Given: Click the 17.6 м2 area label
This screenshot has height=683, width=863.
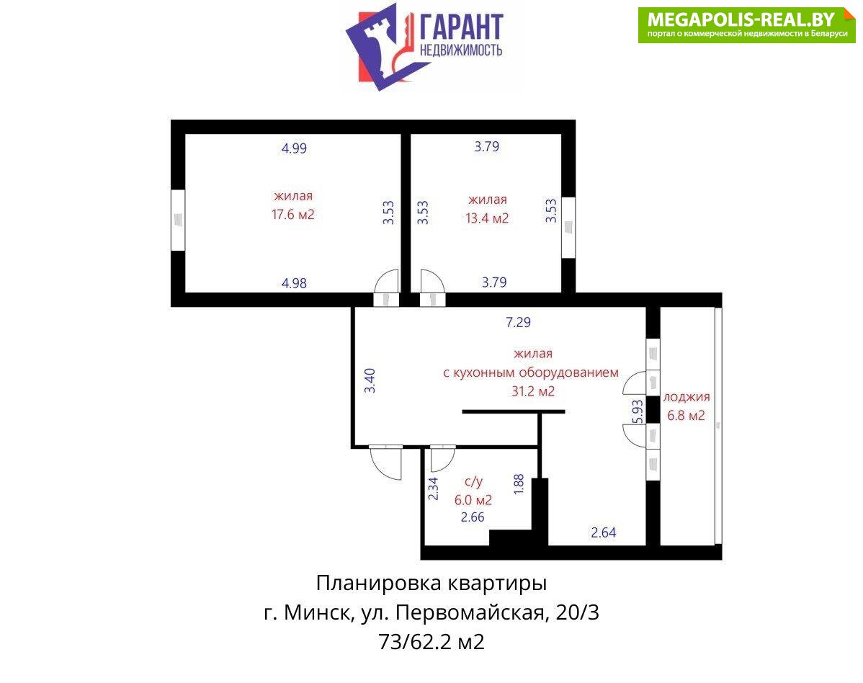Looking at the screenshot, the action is [x=292, y=215].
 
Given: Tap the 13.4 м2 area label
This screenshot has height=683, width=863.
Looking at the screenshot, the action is [x=487, y=218].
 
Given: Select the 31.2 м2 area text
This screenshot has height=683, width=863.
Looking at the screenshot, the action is [x=533, y=391].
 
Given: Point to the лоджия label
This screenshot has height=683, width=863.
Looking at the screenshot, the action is [x=687, y=397].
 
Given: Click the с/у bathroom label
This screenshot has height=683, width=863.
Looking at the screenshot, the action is [x=473, y=482].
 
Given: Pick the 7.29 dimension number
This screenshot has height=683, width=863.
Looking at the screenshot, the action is [x=518, y=322].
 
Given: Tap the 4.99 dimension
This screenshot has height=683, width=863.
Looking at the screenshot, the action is [x=294, y=148].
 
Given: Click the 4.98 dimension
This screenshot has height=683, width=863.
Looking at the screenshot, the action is [x=294, y=283].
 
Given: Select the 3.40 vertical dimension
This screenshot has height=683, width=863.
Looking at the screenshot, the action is [x=370, y=380].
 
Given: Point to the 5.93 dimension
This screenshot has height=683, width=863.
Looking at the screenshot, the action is [x=638, y=411].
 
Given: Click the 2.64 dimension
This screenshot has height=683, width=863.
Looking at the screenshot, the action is [x=603, y=532].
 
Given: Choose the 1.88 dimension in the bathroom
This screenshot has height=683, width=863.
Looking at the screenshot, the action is [x=519, y=484].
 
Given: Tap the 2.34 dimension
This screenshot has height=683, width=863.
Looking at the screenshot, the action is [x=433, y=488].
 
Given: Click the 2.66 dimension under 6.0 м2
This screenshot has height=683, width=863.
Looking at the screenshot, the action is [x=473, y=517].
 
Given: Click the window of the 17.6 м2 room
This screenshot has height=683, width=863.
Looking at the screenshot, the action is [x=177, y=220].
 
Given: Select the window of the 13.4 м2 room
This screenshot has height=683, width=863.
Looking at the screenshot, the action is [x=568, y=227].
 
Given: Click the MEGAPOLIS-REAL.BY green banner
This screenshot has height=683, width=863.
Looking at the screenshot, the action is [x=747, y=24].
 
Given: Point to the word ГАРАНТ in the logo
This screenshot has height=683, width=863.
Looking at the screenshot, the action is [x=461, y=27].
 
